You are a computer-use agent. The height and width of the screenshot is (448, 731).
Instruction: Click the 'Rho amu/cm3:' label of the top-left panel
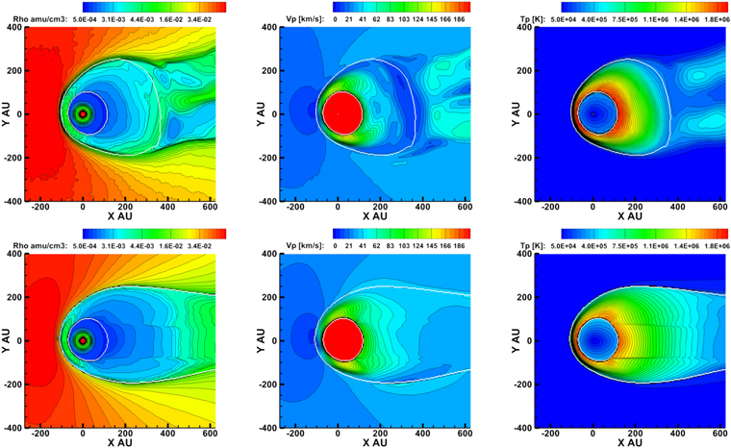[x=39, y=19]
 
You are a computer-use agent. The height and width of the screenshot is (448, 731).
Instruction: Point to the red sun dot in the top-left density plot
[x=83, y=113]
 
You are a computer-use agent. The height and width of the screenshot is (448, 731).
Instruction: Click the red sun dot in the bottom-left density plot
[x=83, y=340]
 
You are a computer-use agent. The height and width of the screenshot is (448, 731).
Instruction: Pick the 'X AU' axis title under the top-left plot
[x=120, y=216]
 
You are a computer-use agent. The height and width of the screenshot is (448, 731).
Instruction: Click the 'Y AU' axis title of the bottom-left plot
[x=6, y=340]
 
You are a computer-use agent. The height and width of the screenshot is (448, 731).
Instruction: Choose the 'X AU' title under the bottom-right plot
[x=630, y=442]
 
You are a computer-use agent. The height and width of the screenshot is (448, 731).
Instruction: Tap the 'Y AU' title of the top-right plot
[x=516, y=113]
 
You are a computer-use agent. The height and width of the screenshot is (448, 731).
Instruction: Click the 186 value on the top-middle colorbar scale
[x=459, y=19]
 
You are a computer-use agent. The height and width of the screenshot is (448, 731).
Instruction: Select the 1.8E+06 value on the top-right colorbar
[x=718, y=19]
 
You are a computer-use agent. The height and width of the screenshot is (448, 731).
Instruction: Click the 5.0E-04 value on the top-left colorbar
[x=85, y=19]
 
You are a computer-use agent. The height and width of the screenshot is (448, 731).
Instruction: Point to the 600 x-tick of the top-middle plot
[x=466, y=207]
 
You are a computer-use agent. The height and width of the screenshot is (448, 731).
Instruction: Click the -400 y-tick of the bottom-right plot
[x=524, y=428]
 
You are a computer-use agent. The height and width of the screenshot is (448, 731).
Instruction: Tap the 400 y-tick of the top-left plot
[x=16, y=27]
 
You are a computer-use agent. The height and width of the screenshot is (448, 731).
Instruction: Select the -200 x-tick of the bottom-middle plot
[x=295, y=434]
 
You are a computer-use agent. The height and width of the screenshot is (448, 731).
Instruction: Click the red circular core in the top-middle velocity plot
[x=342, y=113]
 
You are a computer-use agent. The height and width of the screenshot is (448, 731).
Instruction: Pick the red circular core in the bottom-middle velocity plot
[x=343, y=340]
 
